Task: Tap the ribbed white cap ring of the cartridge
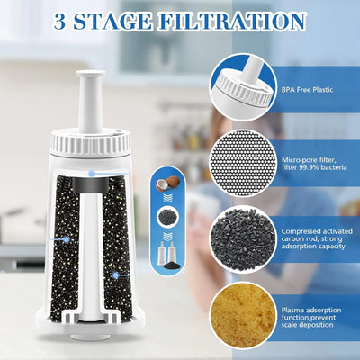[90, 142]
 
